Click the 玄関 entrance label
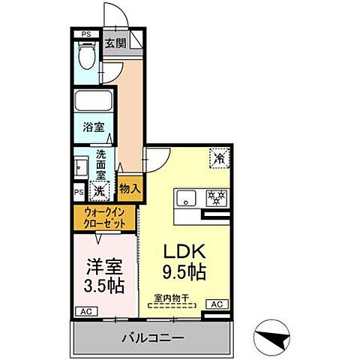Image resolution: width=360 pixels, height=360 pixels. click(x=115, y=43)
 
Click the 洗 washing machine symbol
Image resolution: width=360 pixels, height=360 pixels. click(x=97, y=190)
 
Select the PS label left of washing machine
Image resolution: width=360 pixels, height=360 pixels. click(x=79, y=191)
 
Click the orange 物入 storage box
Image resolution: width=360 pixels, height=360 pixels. click(x=128, y=189)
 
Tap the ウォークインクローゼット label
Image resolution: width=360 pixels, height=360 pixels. click(x=105, y=218)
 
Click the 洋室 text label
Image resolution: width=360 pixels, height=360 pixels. click(x=99, y=266)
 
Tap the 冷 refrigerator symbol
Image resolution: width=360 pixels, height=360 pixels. click(x=219, y=158)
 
